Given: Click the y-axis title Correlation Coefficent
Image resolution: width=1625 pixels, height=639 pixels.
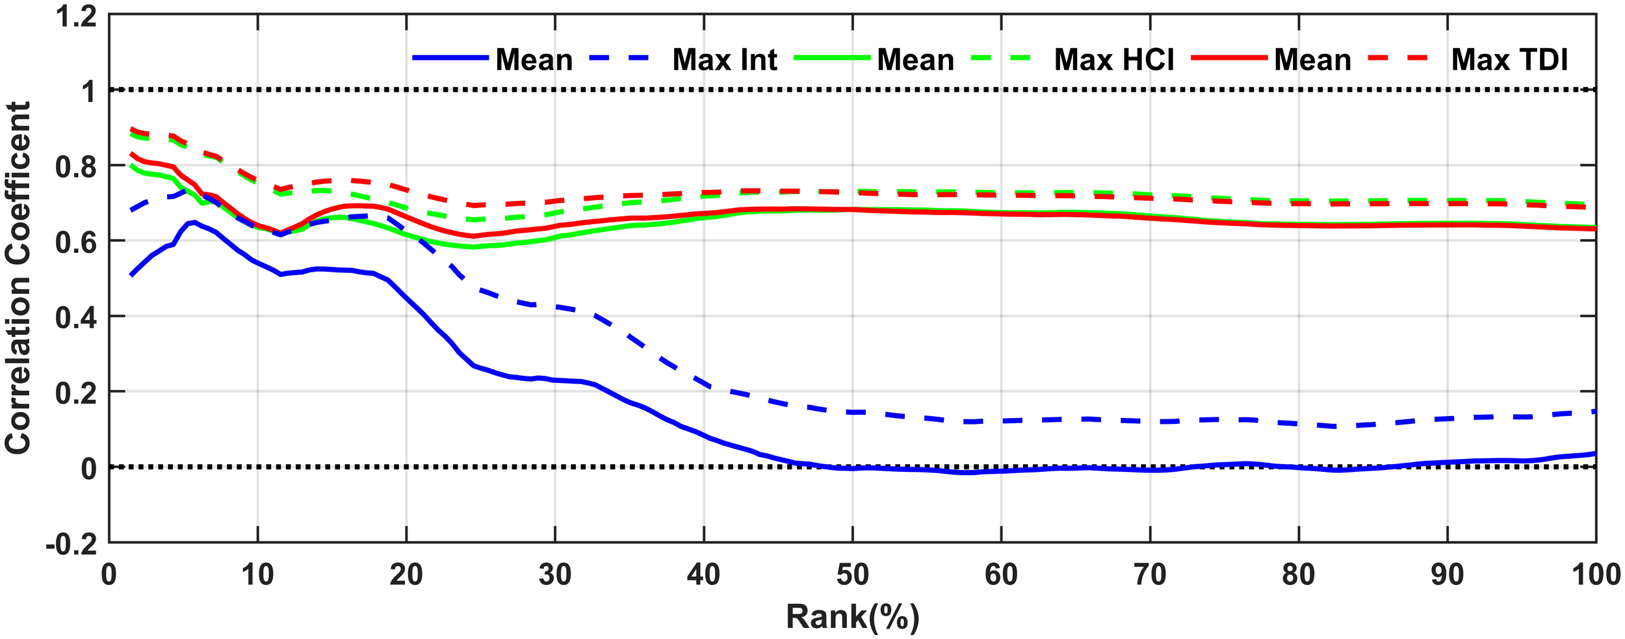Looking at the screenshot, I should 18,278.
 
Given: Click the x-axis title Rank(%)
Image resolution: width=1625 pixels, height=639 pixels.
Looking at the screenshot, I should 852,616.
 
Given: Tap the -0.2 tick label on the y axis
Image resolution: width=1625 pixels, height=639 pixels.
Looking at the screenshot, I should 71,543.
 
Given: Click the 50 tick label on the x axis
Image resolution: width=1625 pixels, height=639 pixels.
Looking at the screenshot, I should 852,575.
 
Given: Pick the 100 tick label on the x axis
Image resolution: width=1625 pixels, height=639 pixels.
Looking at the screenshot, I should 1595,575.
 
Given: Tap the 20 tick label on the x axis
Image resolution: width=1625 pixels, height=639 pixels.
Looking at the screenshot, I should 406,575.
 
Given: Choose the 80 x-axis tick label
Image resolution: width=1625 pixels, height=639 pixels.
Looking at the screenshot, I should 1298,575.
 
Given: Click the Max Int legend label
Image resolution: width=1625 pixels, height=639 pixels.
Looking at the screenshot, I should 724,60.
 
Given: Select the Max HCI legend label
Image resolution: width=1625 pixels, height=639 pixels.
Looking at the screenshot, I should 1113,60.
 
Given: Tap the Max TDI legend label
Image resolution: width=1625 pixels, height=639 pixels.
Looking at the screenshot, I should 1509,60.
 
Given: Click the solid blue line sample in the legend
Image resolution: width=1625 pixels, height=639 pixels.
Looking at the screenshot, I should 450,59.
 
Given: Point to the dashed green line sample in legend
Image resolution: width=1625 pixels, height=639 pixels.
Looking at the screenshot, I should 1001,59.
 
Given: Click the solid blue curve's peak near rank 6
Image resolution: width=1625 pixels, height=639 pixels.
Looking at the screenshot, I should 194,222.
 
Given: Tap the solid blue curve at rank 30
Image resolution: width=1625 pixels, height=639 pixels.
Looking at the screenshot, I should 555,380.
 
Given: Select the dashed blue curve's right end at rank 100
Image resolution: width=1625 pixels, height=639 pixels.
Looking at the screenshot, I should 1594,411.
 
